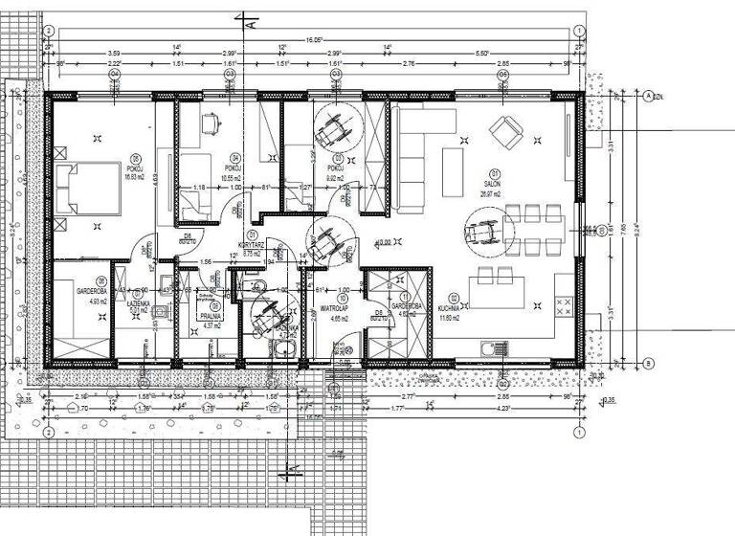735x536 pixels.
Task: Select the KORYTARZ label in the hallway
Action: [252, 244]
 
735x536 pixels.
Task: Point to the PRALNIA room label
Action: [212, 315]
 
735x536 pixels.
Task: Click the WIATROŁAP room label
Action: [332, 309]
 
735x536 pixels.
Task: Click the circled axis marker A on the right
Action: [648, 96]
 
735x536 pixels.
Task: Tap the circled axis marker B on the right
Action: [648, 364]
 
